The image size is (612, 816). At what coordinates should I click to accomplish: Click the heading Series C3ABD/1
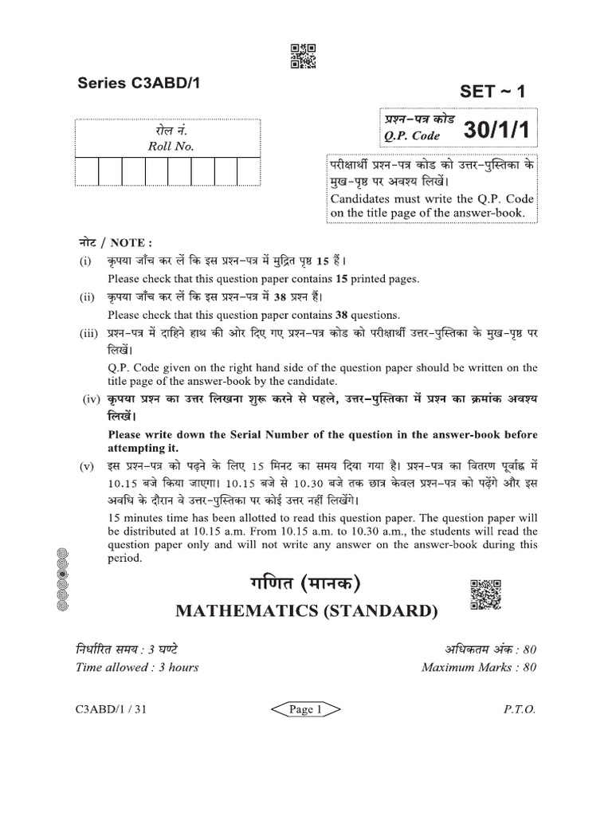(x=133, y=83)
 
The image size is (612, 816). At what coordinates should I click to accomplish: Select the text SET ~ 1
(x=494, y=91)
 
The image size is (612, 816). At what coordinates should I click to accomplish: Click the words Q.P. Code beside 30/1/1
(x=412, y=135)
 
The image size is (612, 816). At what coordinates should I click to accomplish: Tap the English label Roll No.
(x=171, y=147)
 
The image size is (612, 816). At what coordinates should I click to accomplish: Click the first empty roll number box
(x=87, y=171)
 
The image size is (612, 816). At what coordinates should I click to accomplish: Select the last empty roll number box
(x=249, y=171)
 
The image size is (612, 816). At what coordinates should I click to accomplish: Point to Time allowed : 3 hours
(x=137, y=667)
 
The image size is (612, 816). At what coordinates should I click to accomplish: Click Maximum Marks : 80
(x=479, y=667)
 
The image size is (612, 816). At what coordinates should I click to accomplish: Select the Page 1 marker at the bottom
(x=306, y=711)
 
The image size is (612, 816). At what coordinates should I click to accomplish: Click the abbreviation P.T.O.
(x=520, y=711)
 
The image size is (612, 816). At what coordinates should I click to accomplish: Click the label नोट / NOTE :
(x=113, y=242)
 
